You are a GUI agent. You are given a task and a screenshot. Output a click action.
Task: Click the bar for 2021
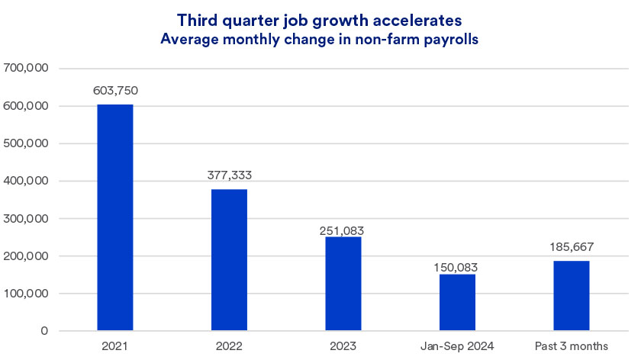click(x=115, y=217)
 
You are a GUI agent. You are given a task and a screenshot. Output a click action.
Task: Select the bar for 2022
click(x=229, y=260)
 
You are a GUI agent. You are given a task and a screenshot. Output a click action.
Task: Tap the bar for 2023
click(x=343, y=284)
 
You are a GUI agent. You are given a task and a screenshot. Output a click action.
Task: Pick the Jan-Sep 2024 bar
click(x=457, y=302)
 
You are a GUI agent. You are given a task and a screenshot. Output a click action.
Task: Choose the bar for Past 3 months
click(x=572, y=296)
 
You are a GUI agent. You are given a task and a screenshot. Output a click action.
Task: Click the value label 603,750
click(x=115, y=92)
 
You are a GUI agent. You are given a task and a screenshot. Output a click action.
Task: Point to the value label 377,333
click(x=229, y=175)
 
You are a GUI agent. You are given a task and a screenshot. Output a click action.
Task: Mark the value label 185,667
click(x=572, y=248)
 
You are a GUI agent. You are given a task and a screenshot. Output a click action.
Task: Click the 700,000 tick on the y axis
click(x=27, y=69)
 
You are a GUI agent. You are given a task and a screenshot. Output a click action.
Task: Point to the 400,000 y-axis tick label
click(x=27, y=181)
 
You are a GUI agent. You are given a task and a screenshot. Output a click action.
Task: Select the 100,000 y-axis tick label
click(x=27, y=294)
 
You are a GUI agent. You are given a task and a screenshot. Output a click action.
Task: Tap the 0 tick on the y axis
click(x=44, y=331)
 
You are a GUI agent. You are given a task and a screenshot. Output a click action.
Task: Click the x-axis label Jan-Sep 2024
click(x=457, y=347)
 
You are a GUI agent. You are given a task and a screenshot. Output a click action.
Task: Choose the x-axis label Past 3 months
click(x=572, y=347)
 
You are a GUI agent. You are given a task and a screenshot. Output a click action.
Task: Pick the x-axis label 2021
click(x=115, y=347)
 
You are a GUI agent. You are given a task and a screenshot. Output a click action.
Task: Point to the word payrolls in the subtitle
click(x=452, y=40)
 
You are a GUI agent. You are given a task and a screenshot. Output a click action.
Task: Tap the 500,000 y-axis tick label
click(x=27, y=143)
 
